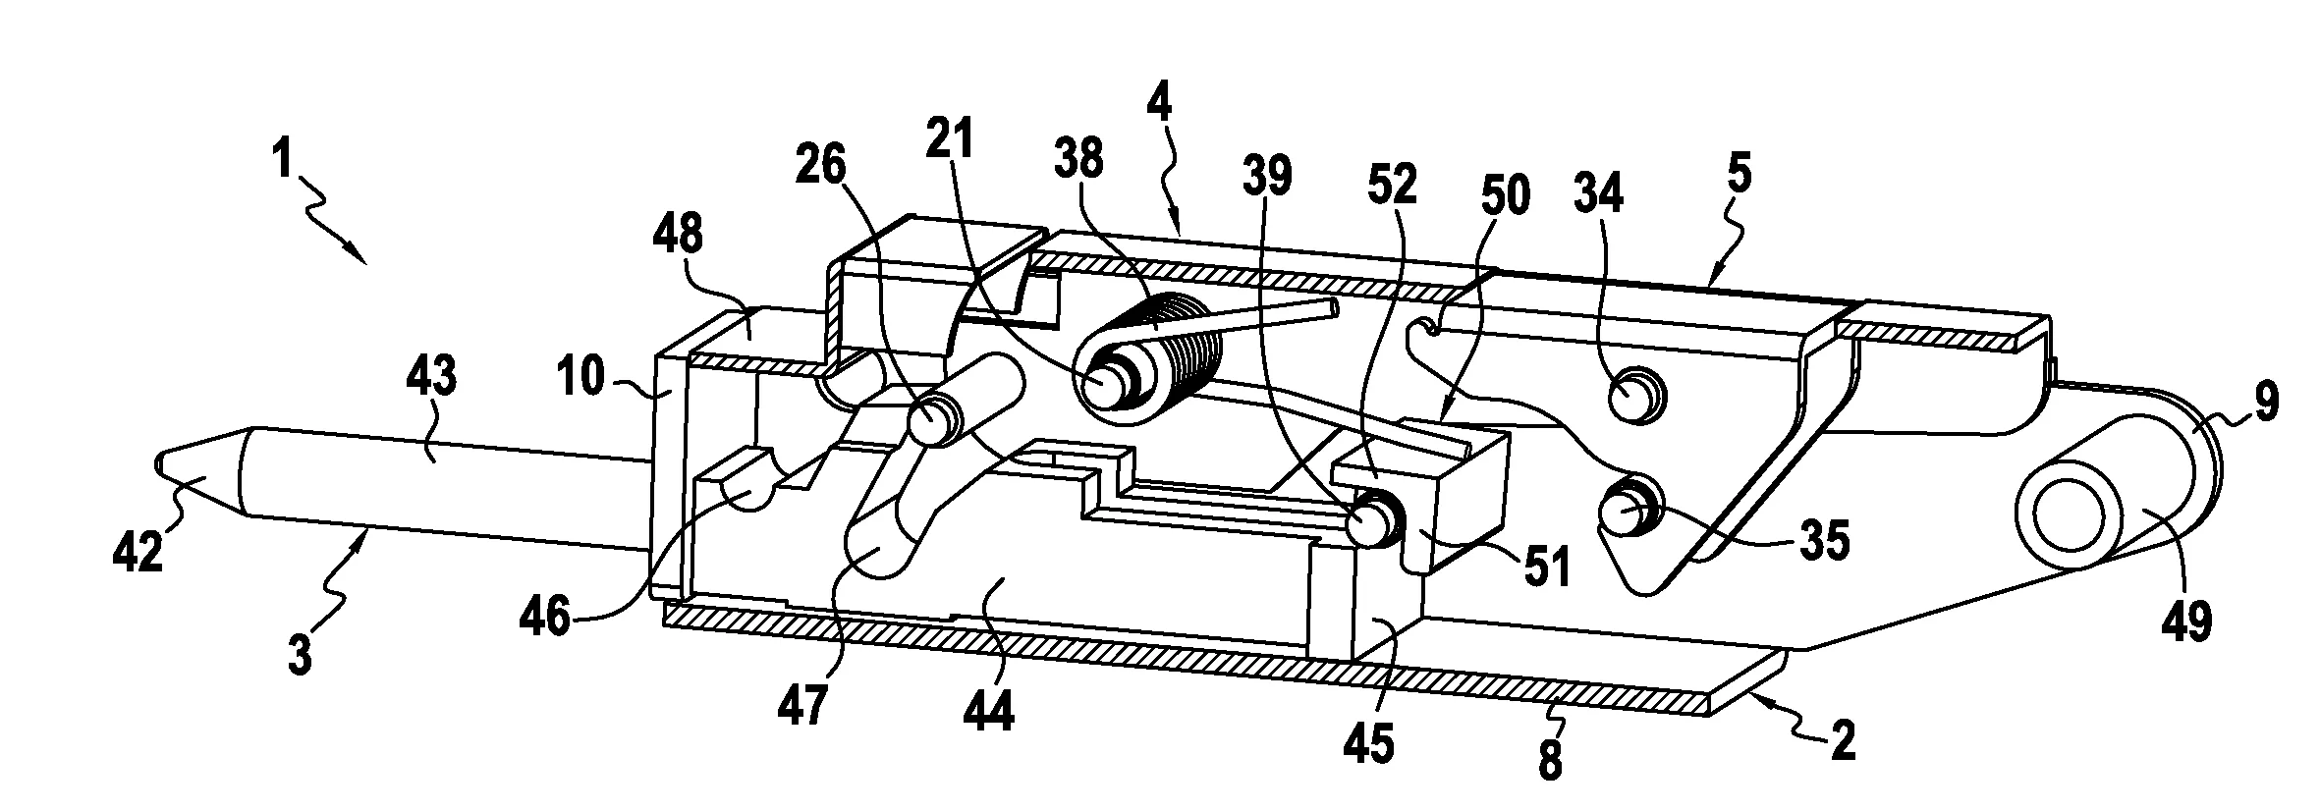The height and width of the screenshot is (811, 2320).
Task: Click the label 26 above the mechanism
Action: coord(821,167)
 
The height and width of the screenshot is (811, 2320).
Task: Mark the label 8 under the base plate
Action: coord(1550,760)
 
